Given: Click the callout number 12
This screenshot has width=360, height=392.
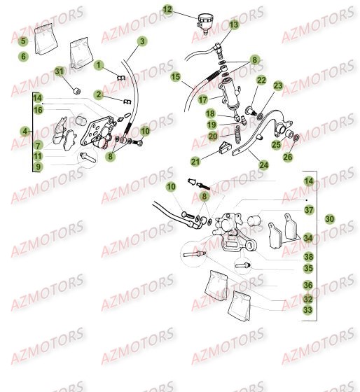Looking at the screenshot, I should pyautogui.click(x=167, y=10).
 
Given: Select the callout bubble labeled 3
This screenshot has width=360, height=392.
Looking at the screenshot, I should pyautogui.click(x=142, y=42).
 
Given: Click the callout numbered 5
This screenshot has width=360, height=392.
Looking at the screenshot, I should pyautogui.click(x=23, y=42).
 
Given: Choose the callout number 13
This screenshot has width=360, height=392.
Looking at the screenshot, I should pyautogui.click(x=234, y=24).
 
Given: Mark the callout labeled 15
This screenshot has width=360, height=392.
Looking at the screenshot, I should pyautogui.click(x=175, y=76).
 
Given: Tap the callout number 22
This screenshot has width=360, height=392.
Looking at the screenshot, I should pyautogui.click(x=261, y=80).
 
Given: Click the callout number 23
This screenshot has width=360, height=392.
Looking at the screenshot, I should pyautogui.click(x=278, y=86).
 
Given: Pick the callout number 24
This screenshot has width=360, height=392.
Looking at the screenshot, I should pyautogui.click(x=263, y=165).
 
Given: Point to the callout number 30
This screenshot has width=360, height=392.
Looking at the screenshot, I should pyautogui.click(x=329, y=219).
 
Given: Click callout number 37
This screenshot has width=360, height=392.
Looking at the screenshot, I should pyautogui.click(x=309, y=209).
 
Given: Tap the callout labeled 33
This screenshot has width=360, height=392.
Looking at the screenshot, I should pyautogui.click(x=307, y=309).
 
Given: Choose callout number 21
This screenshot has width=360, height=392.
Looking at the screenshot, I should pyautogui.click(x=195, y=162).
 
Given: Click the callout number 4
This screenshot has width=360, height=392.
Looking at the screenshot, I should pyautogui.click(x=25, y=131).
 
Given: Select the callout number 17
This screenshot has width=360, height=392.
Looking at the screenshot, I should pyautogui.click(x=203, y=100).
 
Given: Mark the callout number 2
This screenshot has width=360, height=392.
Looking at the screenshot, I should pyautogui.click(x=99, y=94).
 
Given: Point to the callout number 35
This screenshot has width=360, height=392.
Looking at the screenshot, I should pyautogui.click(x=308, y=268).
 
